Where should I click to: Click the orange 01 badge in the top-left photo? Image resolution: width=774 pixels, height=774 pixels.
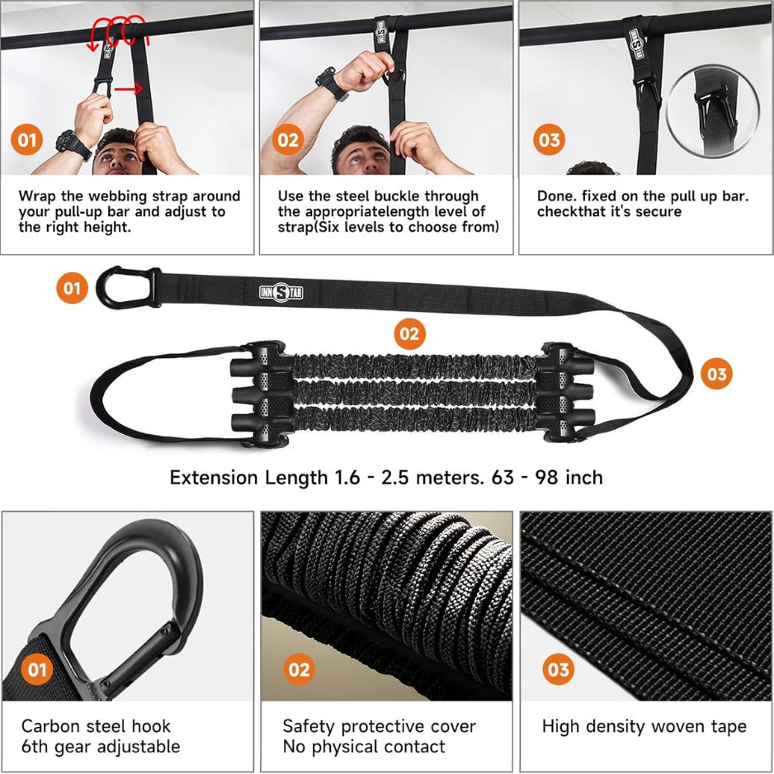(26, 139)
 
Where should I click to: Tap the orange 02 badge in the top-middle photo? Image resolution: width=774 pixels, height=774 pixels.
(288, 139)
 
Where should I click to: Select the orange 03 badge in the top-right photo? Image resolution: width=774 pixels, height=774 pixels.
(549, 139)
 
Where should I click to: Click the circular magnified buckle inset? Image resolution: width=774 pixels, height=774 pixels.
(712, 111)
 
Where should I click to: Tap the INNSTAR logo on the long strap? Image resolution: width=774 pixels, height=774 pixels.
(281, 292)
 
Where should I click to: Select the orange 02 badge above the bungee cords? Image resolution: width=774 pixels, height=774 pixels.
(410, 333)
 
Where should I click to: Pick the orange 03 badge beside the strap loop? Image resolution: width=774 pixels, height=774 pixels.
(716, 374)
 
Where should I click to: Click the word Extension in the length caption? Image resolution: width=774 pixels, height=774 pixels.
(215, 477)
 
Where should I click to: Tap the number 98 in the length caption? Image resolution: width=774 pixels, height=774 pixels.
(547, 477)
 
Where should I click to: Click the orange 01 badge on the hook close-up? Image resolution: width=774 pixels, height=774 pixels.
(36, 669)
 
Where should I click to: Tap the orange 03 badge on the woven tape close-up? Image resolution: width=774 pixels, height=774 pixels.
(559, 669)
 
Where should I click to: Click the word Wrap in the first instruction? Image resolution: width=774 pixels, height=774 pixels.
(38, 196)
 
